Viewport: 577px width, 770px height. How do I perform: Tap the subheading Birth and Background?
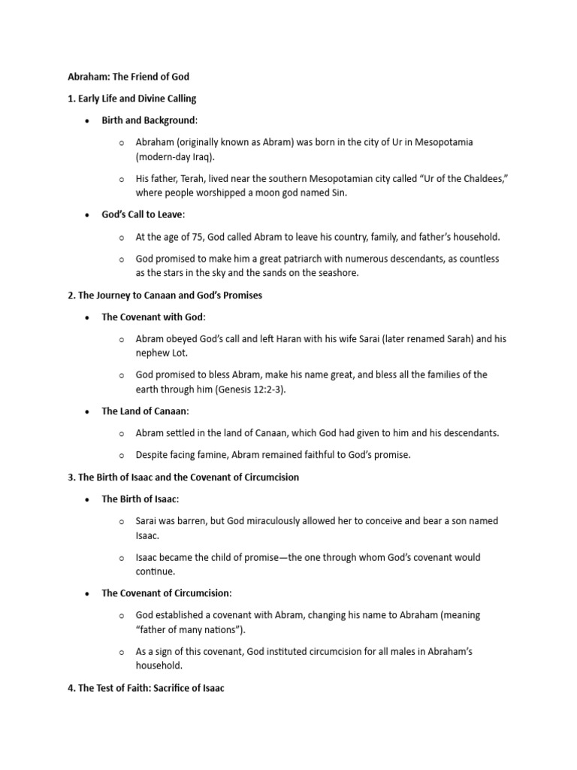pyautogui.click(x=148, y=120)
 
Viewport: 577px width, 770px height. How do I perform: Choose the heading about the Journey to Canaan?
pyautogui.click(x=165, y=296)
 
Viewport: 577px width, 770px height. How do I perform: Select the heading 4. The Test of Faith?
pyautogui.click(x=147, y=688)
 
